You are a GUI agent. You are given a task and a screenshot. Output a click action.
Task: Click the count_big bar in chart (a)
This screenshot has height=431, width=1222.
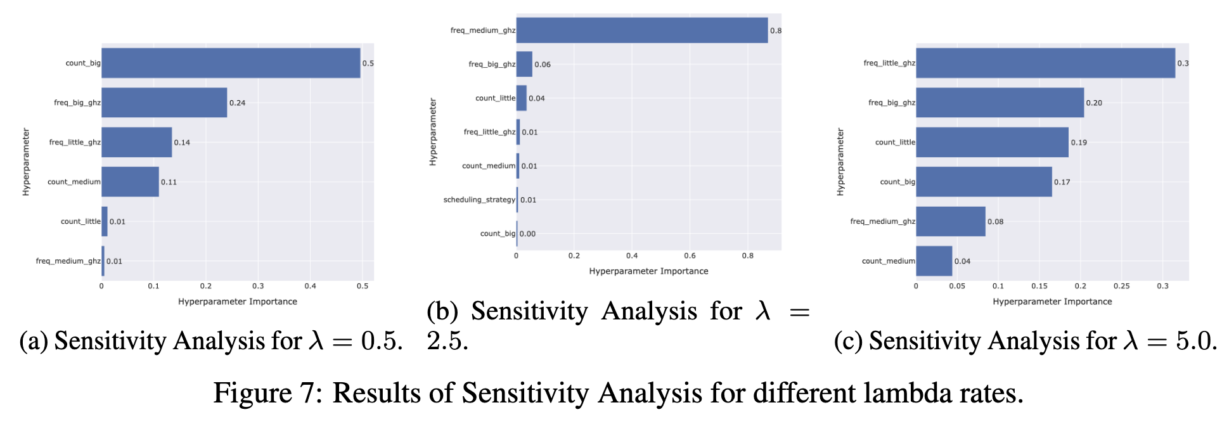coord(231,63)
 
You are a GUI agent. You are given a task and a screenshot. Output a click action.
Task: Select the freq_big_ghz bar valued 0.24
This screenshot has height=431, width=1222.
coord(164,103)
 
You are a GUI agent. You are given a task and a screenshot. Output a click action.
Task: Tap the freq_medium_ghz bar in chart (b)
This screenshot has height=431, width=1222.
coord(641,30)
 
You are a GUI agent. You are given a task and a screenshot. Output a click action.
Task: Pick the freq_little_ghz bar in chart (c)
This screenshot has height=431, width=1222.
coord(1045,63)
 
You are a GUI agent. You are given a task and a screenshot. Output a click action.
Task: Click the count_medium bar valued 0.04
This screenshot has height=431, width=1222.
coord(934,261)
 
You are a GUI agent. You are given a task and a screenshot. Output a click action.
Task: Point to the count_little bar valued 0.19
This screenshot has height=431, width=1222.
coord(992,143)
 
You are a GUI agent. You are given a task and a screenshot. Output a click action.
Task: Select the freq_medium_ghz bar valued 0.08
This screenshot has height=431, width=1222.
coord(950,222)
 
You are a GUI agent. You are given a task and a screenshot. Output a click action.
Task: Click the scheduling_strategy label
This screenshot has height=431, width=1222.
coord(479,200)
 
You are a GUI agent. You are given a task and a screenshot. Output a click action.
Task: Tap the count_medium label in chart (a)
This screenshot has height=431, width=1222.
coord(74,182)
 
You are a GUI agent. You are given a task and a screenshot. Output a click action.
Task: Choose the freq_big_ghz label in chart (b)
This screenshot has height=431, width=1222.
coord(492,64)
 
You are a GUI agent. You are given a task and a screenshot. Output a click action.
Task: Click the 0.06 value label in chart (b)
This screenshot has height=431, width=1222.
coord(543,65)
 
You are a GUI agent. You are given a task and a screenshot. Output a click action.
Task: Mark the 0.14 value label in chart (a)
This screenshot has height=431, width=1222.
coord(182,143)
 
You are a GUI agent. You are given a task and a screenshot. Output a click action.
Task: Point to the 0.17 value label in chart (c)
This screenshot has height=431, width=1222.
coord(1062,182)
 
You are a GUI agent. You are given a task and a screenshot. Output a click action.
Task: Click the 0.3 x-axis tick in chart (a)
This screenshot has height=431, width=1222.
coord(258,286)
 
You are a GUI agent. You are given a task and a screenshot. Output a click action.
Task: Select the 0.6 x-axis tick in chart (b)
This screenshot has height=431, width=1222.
coord(690,255)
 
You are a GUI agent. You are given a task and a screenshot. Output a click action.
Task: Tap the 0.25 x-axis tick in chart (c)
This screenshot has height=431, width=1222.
coord(1121,286)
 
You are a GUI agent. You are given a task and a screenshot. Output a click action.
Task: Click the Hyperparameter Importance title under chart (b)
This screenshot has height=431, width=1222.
coord(648,271)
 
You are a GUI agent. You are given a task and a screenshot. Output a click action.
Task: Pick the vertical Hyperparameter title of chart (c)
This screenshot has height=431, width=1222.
coord(840,162)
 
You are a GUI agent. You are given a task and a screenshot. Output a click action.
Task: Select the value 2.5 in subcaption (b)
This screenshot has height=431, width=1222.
coord(447,342)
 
